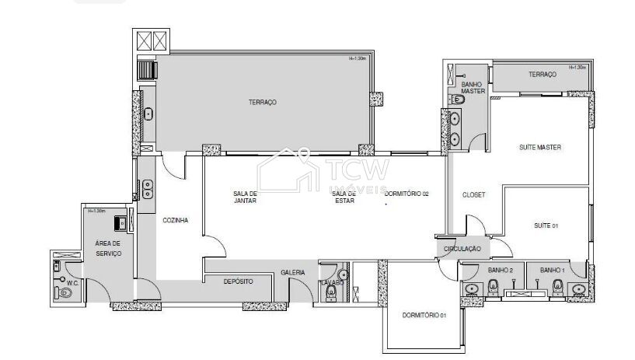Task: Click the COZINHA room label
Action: pos(175,220)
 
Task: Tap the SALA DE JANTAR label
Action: pos(244,197)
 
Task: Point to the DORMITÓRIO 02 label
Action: pos(406,193)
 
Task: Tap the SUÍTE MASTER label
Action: pos(539,147)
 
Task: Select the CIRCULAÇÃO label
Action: pos(462,249)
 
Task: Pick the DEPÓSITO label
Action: pos(238,281)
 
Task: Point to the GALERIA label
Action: pos(292,272)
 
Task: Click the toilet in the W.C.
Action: pos(56,293)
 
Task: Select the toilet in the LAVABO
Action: pos(332,292)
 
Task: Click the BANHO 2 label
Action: pos(501,270)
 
